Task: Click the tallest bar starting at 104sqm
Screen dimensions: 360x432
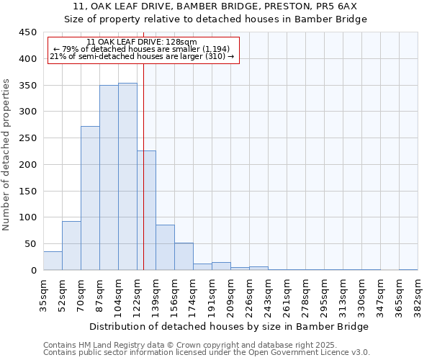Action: [127, 176]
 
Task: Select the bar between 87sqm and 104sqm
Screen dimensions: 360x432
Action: [109, 178]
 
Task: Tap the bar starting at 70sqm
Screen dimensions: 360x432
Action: [90, 198]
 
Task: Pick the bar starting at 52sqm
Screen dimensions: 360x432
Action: [71, 246]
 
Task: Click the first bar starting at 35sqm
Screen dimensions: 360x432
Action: [53, 261]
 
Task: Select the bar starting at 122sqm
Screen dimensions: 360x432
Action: [146, 210]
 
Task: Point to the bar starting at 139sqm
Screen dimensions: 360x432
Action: [165, 248]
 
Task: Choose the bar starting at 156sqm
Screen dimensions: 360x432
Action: [184, 256]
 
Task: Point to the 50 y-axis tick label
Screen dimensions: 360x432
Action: [30, 244]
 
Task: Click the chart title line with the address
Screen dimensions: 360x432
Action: [216, 6]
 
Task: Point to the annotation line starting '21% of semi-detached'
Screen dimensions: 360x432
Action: [142, 56]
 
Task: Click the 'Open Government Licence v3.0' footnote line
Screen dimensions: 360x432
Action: [207, 353]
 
